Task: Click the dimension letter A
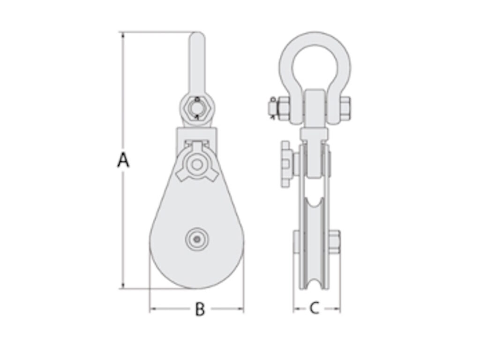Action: [123, 160]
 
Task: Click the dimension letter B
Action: [200, 309]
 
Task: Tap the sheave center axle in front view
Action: [197, 240]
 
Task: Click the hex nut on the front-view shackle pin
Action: [197, 108]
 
